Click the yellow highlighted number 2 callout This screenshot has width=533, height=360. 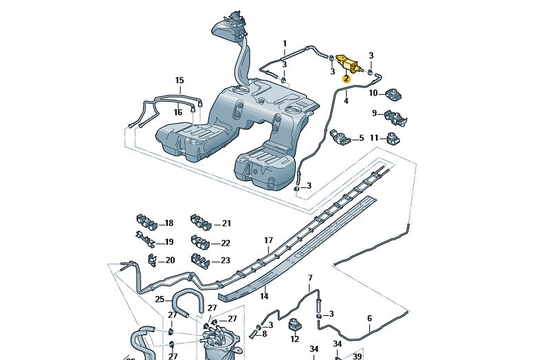pos(347,79)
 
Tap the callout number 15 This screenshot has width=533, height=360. pos(180,81)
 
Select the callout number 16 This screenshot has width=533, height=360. pos(178,112)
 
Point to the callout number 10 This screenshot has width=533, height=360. pos(373,93)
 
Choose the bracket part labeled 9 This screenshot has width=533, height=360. pos(394,116)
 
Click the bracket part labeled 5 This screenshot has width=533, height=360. pos(340,136)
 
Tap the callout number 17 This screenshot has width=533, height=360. pos(269,241)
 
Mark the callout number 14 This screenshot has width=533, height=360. pos(263,297)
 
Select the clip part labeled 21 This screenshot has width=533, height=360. pos(200,222)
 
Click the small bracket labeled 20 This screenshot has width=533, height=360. pos(153,260)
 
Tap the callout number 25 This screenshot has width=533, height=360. pos(160,299)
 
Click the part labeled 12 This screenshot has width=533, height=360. pos(294,325)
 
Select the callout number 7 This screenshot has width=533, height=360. pos(309,278)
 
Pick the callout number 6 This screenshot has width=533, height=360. pos(369,318)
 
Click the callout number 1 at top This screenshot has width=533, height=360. pos(284,44)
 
